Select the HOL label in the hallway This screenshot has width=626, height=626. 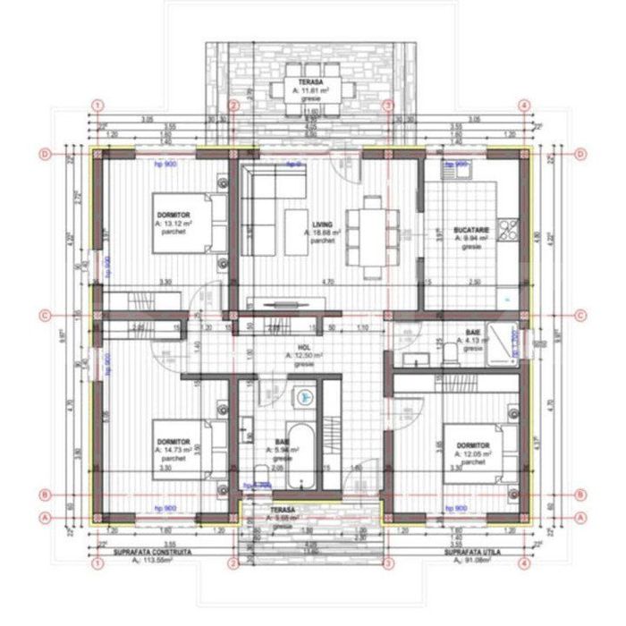(304, 347)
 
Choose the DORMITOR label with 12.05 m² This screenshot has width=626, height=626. (472, 445)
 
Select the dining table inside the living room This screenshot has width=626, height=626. (368, 232)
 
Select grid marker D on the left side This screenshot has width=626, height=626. (44, 154)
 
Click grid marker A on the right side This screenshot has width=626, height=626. (580, 517)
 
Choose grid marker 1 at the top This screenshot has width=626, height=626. (95, 105)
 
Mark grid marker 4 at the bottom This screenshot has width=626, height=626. (525, 564)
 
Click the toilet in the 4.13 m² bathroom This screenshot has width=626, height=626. (453, 356)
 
